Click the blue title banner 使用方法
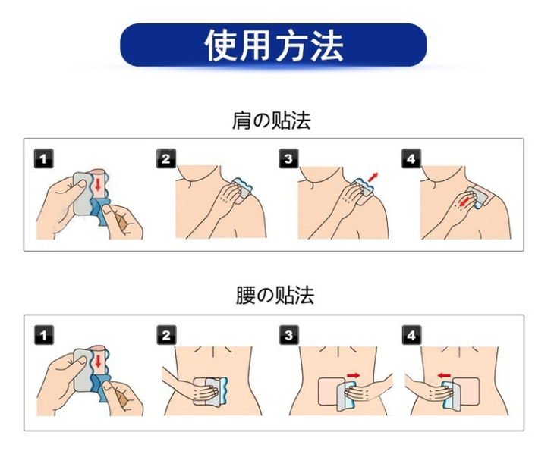point(273,45)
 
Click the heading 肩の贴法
point(272,121)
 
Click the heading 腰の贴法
point(275,296)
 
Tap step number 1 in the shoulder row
point(44,158)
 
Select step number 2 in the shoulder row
point(166,158)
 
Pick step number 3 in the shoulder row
point(288,158)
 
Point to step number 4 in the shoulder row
point(411,158)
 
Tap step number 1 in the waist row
point(44,335)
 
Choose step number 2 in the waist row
point(166,335)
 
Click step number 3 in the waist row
point(288,335)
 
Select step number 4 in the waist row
point(411,335)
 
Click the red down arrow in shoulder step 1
point(98,185)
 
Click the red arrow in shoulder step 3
point(373,177)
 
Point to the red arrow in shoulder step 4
point(466,202)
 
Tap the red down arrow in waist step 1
point(98,362)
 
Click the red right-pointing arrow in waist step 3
point(354,375)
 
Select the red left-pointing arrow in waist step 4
point(444,375)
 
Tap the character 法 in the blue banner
point(327,46)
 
